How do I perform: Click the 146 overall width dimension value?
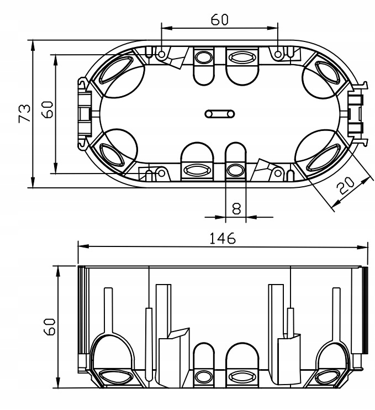(223, 238)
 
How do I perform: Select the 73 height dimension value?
(24, 113)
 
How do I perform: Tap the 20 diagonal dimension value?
(345, 186)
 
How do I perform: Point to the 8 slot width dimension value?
(236, 209)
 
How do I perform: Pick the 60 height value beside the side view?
(49, 327)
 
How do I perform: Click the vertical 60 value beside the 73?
(48, 110)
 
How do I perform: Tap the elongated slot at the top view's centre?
(219, 114)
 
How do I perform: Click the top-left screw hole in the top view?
(162, 54)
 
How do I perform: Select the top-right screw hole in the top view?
(278, 54)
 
